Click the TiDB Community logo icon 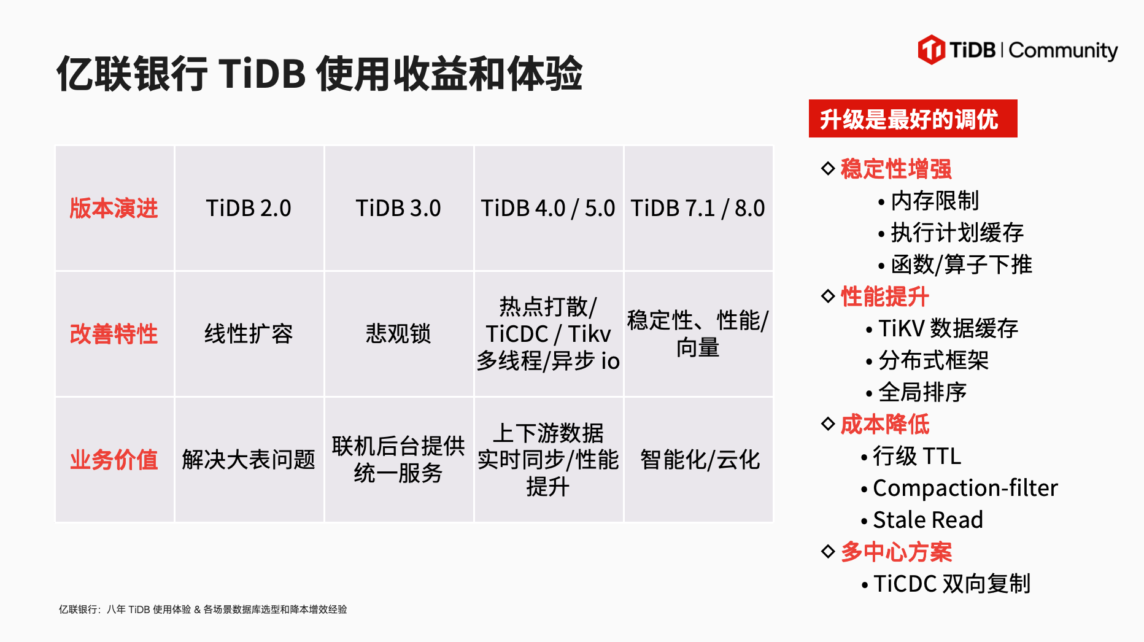click(x=931, y=50)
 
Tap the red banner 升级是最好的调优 click(x=913, y=118)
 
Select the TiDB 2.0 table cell click(x=249, y=208)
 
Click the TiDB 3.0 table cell click(x=398, y=208)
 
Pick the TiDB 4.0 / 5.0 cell click(x=548, y=208)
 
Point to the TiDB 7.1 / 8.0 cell click(x=698, y=208)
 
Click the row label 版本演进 click(x=114, y=208)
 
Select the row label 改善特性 click(x=114, y=334)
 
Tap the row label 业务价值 click(x=114, y=460)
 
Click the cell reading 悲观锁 click(x=398, y=334)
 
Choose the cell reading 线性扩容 click(x=249, y=334)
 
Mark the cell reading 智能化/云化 click(x=698, y=460)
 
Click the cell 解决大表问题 click(x=249, y=460)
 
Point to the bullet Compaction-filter click(x=960, y=488)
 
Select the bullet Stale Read click(x=922, y=520)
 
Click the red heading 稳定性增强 click(x=896, y=169)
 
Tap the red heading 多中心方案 click(x=896, y=552)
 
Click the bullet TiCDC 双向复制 click(x=946, y=584)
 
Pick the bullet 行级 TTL click(x=911, y=456)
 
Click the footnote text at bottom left click(x=203, y=609)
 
